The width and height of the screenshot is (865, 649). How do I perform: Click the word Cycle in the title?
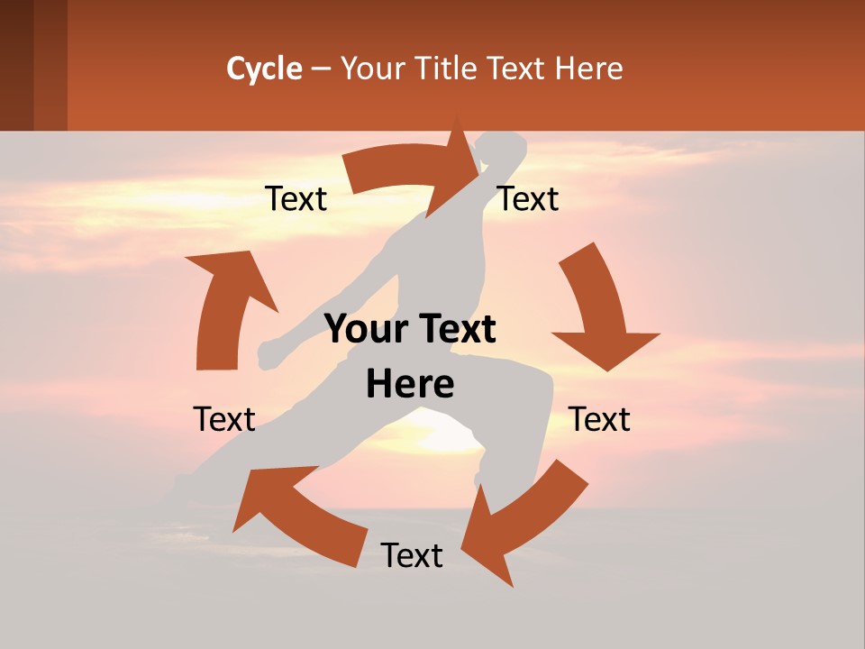tap(264, 69)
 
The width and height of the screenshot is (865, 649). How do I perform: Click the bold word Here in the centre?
tap(410, 385)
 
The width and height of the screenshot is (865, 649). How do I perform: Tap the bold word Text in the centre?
tap(452, 330)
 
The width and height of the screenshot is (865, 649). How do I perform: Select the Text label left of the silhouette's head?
tap(296, 199)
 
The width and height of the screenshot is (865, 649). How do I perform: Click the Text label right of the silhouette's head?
tap(528, 199)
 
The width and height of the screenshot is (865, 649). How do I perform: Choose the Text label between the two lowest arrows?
tap(412, 556)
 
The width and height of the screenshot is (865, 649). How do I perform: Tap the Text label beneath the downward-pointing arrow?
tap(599, 420)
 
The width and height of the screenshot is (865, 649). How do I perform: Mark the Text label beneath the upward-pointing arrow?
tap(224, 420)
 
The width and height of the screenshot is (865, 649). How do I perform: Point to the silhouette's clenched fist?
tap(269, 355)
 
